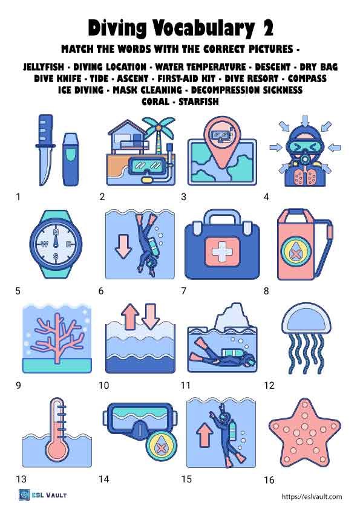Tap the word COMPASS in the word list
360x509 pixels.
pos(307,79)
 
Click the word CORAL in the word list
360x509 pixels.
pos(155,102)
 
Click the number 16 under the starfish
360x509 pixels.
pos(269,480)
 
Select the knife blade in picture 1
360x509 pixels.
pos(44,164)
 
